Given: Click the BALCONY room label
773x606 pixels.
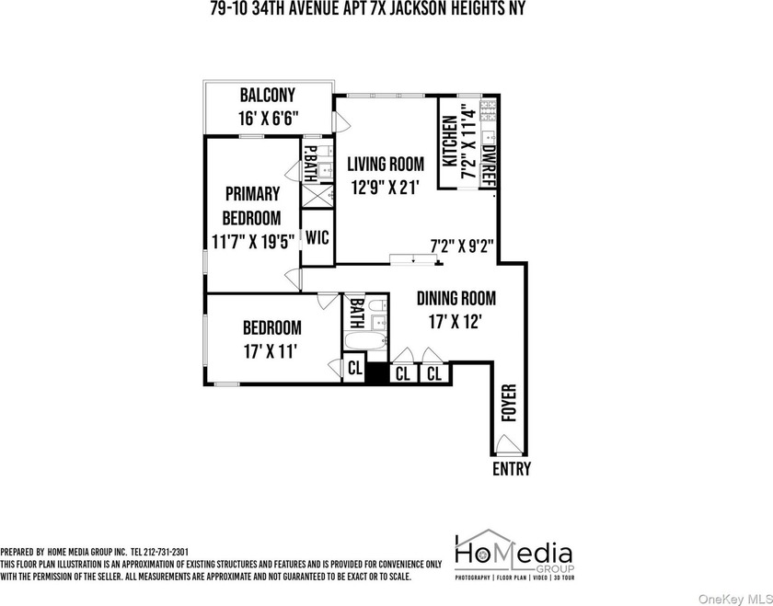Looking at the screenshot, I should pos(269,95).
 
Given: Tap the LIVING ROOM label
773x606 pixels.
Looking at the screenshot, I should pos(385,165).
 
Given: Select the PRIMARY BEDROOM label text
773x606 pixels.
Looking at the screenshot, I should pos(251,206).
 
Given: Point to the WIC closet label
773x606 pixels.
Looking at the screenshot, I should pos(317,236).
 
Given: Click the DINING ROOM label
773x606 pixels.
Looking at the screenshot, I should pos(456,298).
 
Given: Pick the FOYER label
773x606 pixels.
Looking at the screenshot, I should pos(508,403).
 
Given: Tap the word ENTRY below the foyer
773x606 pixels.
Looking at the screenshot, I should pos(511,469).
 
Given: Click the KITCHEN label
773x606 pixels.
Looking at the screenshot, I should pos(449,142).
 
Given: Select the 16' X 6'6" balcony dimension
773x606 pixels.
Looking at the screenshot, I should pos(269,117).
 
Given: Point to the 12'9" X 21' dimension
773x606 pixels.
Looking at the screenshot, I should pos(385,188).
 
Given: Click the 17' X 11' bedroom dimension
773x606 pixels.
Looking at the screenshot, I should pos(271,349).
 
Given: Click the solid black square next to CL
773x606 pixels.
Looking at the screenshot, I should pos(376,373).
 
